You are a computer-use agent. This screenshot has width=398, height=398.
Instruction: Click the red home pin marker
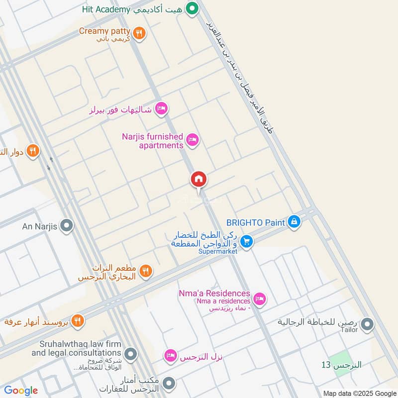[199, 179]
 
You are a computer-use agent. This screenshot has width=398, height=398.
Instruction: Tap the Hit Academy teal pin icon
[192, 8]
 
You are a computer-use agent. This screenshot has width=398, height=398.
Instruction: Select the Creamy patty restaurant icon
[140, 33]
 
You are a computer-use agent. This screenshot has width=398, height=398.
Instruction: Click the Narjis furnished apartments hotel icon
[193, 140]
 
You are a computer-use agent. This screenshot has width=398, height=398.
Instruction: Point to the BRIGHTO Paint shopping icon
[294, 222]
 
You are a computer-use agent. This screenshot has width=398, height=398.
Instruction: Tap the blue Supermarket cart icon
[246, 242]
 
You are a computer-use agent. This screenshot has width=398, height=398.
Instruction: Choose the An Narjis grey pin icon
[66, 227]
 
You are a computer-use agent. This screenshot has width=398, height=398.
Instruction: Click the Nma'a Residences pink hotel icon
[259, 299]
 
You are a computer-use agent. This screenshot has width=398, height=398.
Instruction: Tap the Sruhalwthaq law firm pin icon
[131, 354]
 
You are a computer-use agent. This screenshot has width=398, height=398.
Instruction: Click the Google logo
[21, 391]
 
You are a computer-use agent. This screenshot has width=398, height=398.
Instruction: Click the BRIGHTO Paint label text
[255, 222]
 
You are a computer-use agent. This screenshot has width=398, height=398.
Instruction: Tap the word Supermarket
[217, 252]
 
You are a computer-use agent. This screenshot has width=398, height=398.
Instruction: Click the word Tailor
[349, 329]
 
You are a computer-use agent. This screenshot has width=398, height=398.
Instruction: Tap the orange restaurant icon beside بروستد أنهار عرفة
[77, 320]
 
